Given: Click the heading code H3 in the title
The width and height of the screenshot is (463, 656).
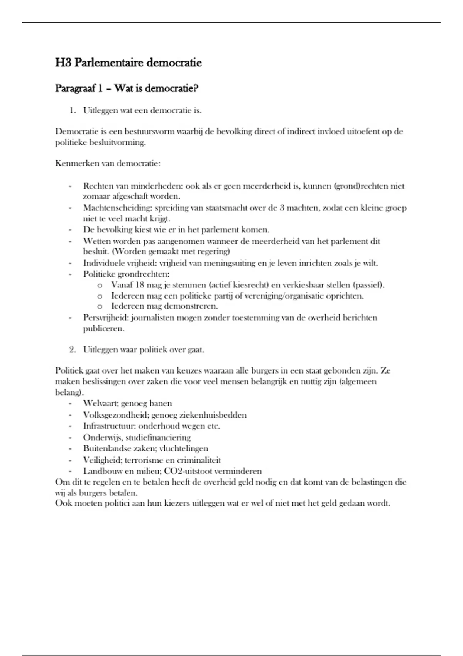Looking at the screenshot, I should click(63, 63).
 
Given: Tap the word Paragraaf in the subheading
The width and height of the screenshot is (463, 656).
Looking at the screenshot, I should click(76, 89).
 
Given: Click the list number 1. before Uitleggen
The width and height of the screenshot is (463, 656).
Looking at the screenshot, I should click(73, 111).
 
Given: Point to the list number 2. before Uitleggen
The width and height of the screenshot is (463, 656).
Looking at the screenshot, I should click(73, 350).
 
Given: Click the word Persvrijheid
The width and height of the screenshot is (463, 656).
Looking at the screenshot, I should click(106, 318).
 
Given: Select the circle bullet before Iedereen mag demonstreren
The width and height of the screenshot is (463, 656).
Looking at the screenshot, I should click(100, 307).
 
